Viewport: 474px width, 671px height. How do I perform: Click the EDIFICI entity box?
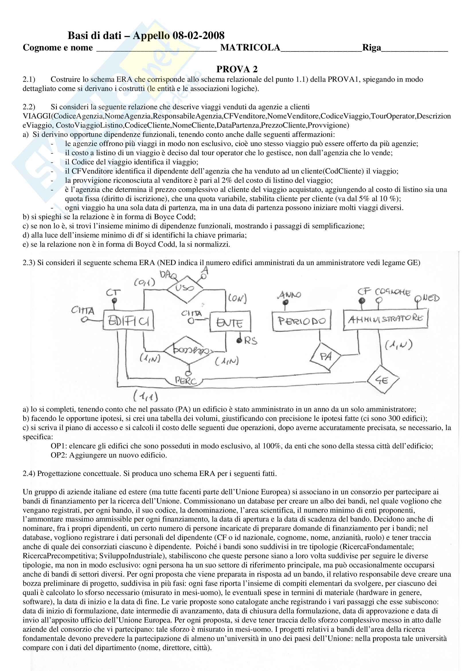tap(128, 320)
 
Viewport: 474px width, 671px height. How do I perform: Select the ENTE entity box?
tap(230, 322)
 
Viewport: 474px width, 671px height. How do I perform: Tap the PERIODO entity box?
tap(301, 321)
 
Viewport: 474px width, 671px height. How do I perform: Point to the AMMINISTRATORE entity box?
tap(385, 319)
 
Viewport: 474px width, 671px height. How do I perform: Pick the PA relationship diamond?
tap(326, 356)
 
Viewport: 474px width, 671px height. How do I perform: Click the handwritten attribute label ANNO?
tap(289, 295)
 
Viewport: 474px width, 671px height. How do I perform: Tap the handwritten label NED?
tap(431, 298)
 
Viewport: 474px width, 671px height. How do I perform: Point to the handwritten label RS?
tap(251, 341)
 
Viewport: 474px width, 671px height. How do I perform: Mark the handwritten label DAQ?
tap(168, 275)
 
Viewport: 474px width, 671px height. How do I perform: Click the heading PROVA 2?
tap(237, 69)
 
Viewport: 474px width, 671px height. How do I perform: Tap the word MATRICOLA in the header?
tap(250, 48)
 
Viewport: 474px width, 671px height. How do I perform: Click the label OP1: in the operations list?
tap(59, 446)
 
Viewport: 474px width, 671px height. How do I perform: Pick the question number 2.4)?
tap(29, 473)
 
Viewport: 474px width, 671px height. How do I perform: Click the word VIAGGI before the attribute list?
tap(37, 116)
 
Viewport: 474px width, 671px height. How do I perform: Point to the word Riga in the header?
tap(372, 48)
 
